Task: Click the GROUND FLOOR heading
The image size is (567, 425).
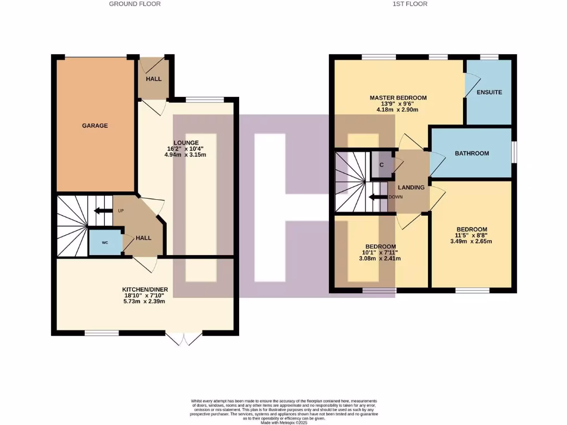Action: (x=135, y=4)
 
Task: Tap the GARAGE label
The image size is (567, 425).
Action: (x=95, y=126)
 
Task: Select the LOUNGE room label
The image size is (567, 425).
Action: (x=185, y=143)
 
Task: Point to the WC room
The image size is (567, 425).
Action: (x=105, y=243)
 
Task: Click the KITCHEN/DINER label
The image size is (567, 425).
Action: (x=145, y=289)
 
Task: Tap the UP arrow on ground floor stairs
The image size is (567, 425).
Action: (x=103, y=210)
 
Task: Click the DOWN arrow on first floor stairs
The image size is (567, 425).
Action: (x=379, y=197)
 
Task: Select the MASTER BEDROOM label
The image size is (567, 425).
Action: (x=398, y=98)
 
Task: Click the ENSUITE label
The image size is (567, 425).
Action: (x=489, y=92)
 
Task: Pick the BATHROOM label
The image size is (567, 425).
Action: (x=472, y=153)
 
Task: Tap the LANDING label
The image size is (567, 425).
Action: (x=412, y=188)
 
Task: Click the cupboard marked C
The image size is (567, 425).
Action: (x=382, y=164)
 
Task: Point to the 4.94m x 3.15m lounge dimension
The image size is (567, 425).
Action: (x=185, y=155)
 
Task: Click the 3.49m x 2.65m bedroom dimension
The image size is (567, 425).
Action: (x=471, y=241)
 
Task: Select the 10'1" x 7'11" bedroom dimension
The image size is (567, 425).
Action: (x=380, y=252)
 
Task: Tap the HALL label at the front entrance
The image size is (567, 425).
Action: (x=153, y=79)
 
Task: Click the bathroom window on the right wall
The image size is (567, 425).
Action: (x=514, y=153)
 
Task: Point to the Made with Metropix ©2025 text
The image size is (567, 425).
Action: (x=283, y=423)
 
